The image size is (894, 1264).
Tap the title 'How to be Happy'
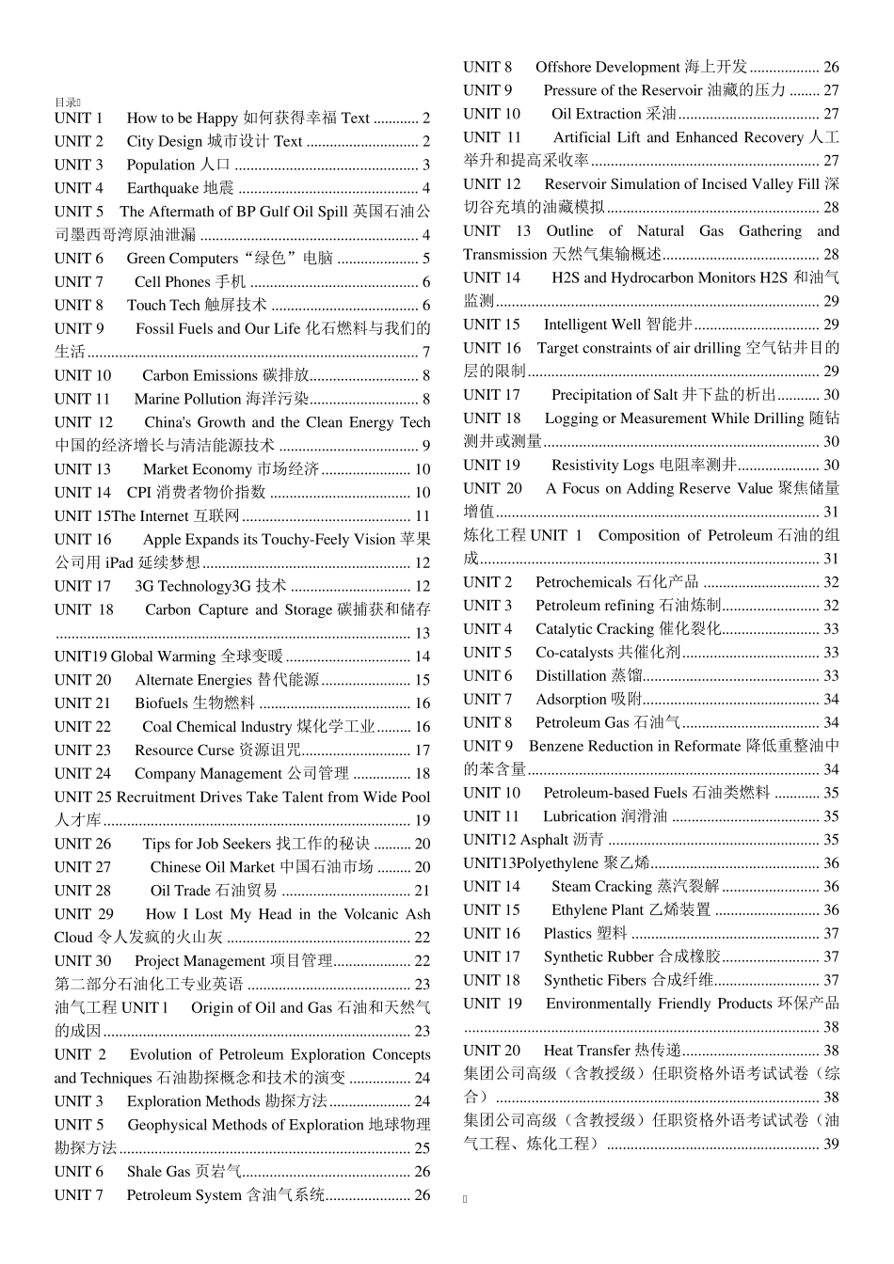[x=183, y=118]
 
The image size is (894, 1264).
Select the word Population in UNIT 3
[x=161, y=165]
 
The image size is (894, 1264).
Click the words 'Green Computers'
[x=183, y=259]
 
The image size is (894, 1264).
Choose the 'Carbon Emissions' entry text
[x=200, y=375]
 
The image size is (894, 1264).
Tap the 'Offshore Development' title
[x=607, y=68]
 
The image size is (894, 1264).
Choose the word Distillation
[x=571, y=676]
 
